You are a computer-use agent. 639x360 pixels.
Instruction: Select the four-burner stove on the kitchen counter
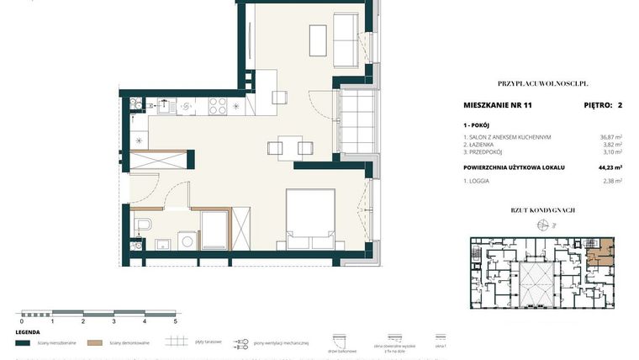tap(217, 107)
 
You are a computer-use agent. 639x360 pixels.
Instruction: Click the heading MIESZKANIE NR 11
tap(499, 106)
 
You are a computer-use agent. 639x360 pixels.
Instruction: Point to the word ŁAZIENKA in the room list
tap(487, 145)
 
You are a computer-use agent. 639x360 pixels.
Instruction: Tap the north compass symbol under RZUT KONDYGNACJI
tap(542, 224)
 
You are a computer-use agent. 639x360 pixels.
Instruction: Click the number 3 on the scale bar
tap(114, 321)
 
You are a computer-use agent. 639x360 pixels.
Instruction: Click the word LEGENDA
tap(28, 332)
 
